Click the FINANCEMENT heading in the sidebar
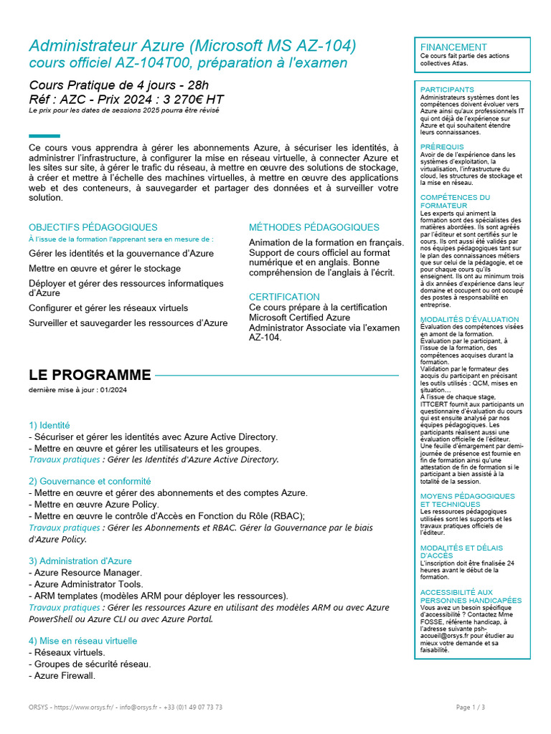pos(453,47)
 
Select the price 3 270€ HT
pos(187,100)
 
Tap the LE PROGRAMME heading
pos(90,375)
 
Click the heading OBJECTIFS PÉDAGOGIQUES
pos(93,227)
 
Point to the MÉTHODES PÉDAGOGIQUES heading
pos(314,227)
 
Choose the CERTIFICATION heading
pos(284,297)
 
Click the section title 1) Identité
pos(50,425)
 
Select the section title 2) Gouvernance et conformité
pos(90,481)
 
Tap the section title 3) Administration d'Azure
pos(80,561)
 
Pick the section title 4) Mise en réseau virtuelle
pos(83,640)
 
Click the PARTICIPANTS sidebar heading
pos(447,90)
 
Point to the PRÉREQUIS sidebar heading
pos(442,147)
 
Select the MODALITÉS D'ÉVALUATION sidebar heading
pos(469,319)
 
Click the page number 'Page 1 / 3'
pos(471,707)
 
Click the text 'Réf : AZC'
pos(56,100)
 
